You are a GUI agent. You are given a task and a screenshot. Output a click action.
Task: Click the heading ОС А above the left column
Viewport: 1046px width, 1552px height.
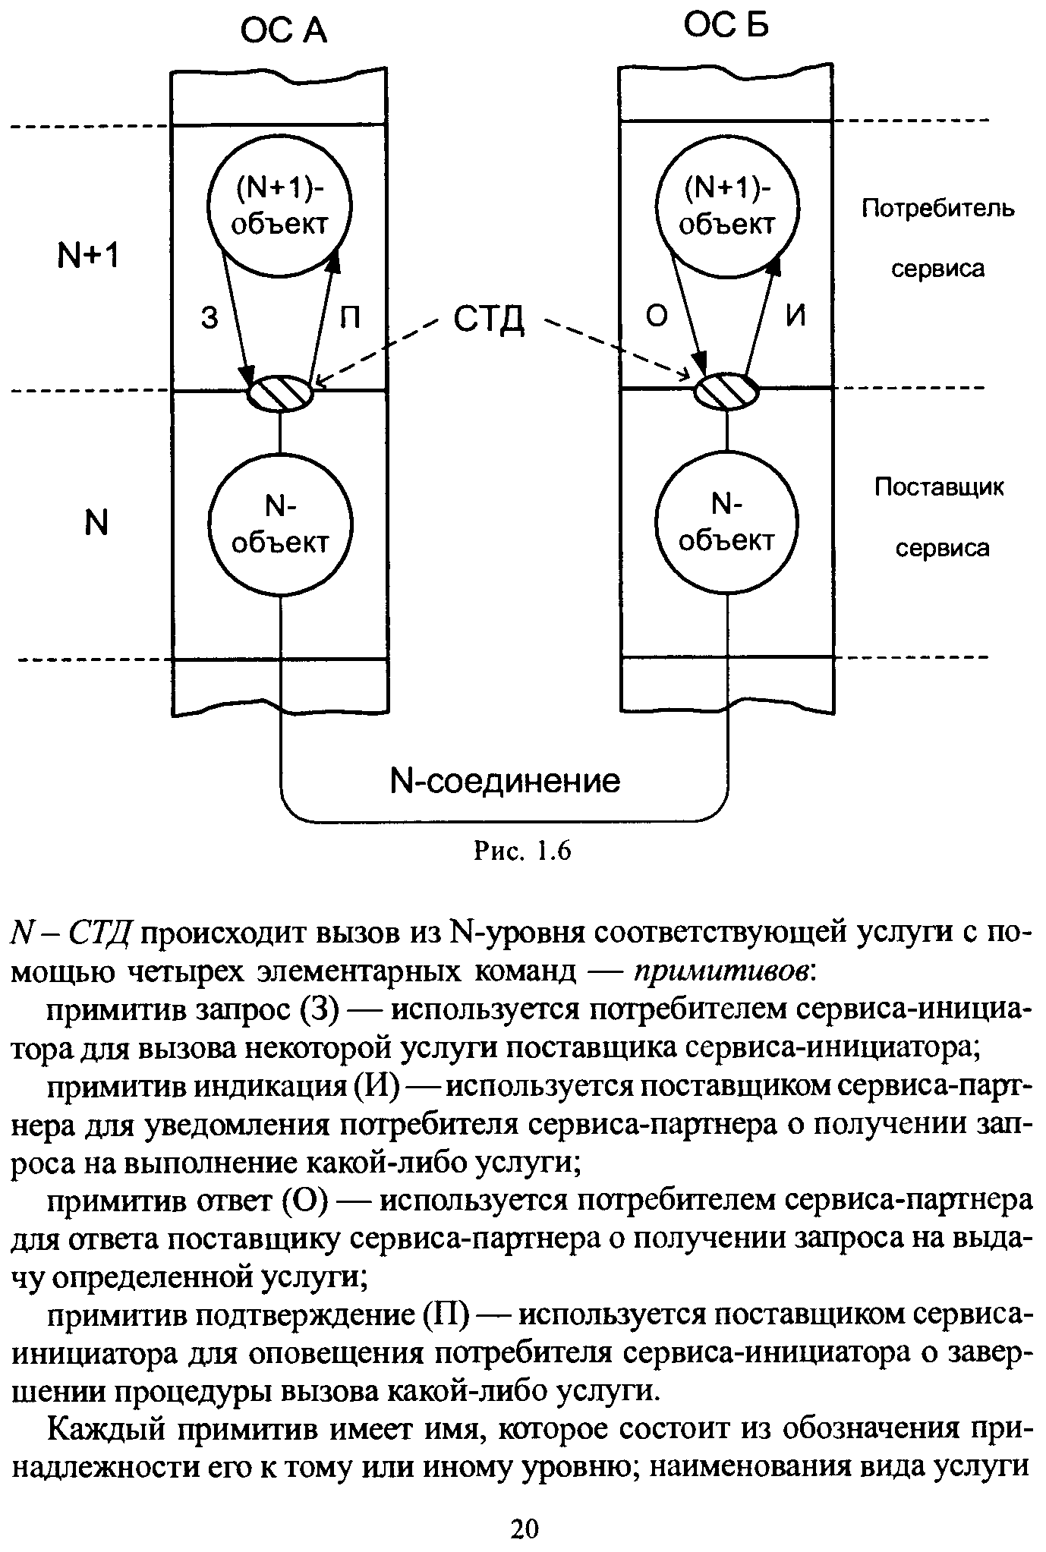283,32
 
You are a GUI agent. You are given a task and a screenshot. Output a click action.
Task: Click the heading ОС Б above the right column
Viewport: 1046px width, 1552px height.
726,26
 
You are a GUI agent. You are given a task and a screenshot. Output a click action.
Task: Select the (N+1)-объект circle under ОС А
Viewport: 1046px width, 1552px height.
279,205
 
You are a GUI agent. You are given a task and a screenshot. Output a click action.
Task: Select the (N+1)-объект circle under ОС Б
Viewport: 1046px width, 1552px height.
726,205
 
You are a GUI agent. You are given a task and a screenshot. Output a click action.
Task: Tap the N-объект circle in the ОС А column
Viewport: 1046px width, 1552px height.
280,524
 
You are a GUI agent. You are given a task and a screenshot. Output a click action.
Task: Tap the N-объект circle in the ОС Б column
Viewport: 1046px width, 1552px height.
726,523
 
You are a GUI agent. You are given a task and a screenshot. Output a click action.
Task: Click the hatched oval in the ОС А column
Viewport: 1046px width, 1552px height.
281,393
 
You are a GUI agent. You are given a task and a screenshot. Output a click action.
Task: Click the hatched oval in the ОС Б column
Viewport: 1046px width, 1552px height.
727,391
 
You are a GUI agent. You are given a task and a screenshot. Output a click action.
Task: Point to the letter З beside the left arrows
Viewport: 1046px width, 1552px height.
210,318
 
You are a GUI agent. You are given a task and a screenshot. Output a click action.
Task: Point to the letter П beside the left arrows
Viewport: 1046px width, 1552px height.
349,317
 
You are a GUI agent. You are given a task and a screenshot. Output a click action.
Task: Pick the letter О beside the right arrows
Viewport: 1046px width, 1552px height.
656,316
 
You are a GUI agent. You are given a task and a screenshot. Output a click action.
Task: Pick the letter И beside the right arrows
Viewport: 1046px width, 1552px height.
795,316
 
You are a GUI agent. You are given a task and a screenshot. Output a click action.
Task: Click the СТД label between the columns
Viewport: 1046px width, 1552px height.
489,320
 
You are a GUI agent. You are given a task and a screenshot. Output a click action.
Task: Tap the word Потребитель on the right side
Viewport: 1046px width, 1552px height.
937,208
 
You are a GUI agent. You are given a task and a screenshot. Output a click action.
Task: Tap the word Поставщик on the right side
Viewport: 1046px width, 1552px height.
939,486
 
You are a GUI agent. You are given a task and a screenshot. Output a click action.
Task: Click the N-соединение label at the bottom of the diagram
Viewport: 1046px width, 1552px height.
504,780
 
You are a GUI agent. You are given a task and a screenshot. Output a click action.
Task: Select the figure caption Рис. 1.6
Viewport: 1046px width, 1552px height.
521,851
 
